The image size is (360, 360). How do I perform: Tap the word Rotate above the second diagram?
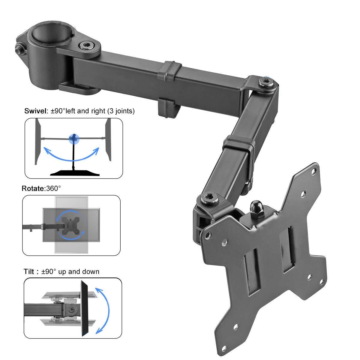point(33,189)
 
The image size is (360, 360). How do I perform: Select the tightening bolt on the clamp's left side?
point(20,50)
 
